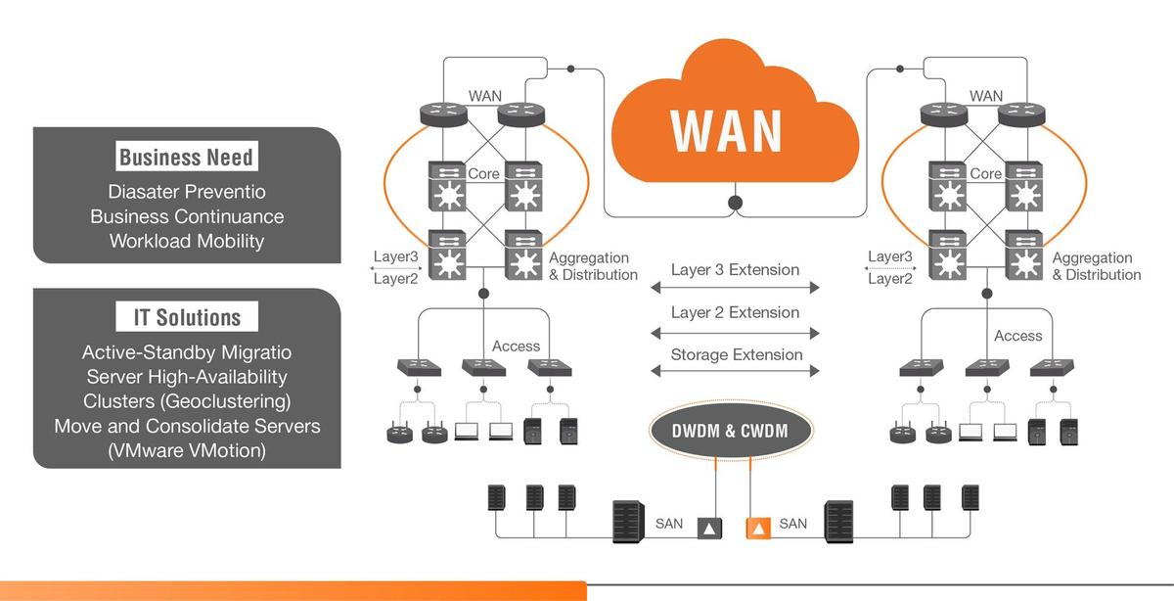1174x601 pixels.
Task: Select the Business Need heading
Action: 186,158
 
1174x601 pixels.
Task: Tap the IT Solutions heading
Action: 186,317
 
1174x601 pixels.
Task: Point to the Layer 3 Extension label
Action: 735,269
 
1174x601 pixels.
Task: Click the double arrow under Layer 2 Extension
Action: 734,333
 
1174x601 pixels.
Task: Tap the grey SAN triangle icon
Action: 707,529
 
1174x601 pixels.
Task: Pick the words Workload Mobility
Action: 187,240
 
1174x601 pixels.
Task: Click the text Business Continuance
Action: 187,216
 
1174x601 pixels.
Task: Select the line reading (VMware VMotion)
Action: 187,450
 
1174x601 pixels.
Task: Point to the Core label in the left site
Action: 483,174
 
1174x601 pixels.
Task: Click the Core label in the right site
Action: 985,174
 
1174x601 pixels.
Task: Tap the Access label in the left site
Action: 516,346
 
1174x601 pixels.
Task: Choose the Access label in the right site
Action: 1018,336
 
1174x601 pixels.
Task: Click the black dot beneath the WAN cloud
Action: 734,204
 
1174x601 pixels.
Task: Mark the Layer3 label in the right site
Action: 889,256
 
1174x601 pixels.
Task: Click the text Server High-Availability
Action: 186,376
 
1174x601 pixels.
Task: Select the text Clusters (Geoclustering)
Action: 186,400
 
